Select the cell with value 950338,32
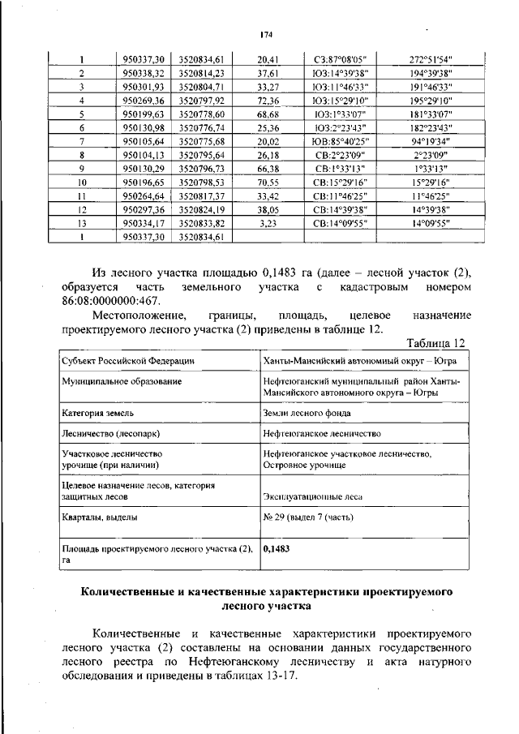click(144, 72)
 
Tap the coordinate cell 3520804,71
click(201, 86)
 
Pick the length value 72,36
click(267, 101)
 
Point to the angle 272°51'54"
click(431, 58)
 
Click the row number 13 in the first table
click(82, 223)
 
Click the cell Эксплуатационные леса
click(313, 497)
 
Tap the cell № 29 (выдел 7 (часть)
click(312, 517)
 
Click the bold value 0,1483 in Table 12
click(277, 548)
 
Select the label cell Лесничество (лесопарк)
click(106, 434)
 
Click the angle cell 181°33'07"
click(431, 114)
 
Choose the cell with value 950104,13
click(144, 155)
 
